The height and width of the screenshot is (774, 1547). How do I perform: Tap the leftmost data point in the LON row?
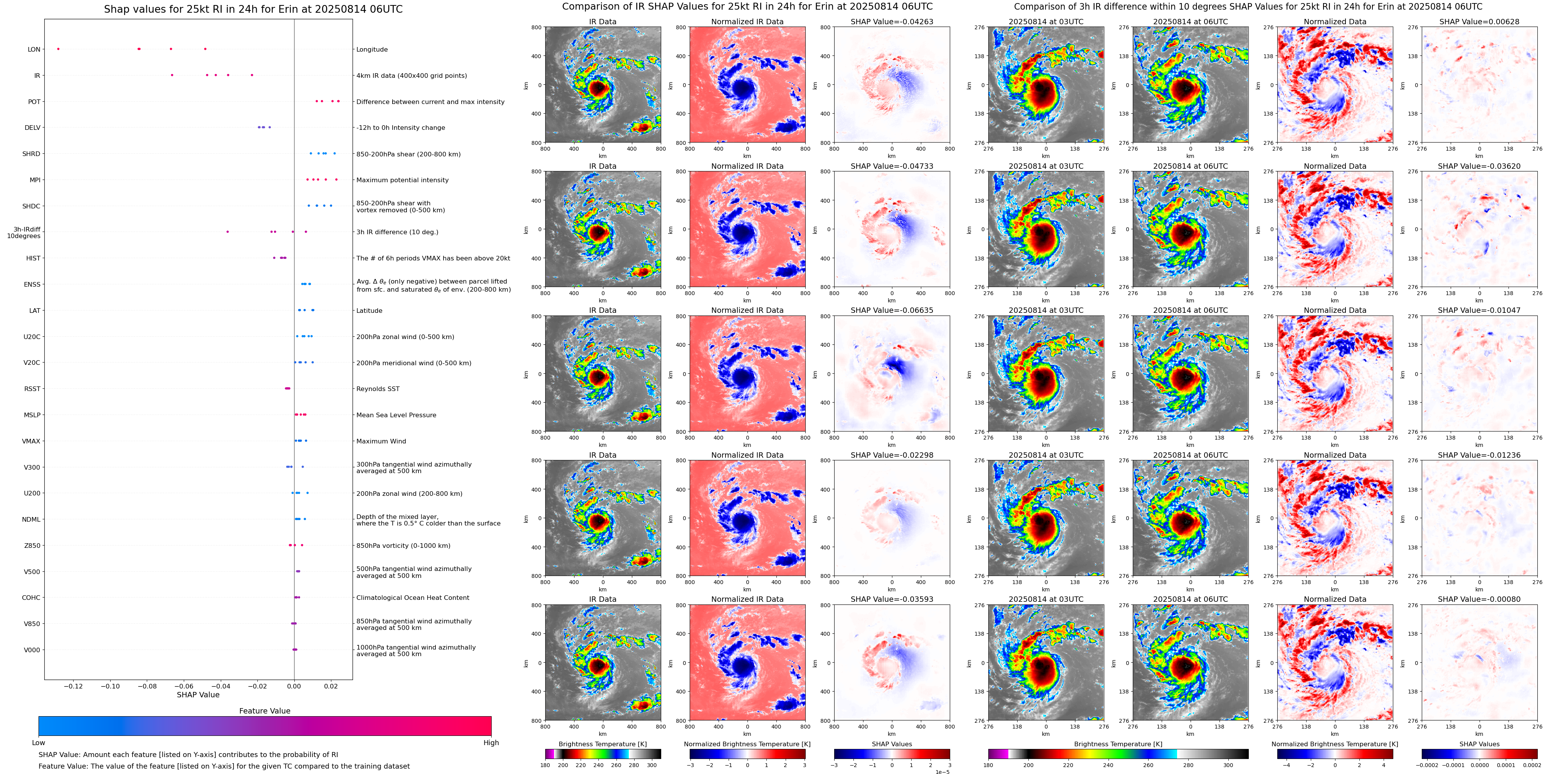(x=58, y=49)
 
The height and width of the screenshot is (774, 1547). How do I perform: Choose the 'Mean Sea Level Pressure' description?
(x=396, y=415)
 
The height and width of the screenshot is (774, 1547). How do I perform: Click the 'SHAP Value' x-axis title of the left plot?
(x=198, y=695)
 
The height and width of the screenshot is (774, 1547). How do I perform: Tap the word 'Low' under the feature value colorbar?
(x=39, y=743)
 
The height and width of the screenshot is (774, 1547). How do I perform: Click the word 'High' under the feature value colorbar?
(x=491, y=743)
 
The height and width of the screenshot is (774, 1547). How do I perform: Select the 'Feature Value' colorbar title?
(x=265, y=711)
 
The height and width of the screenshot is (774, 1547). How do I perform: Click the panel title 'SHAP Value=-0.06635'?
(x=892, y=311)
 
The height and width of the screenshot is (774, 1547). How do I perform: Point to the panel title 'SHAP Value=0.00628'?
(x=1479, y=22)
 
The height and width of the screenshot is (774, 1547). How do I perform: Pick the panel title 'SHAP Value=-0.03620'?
(x=1479, y=166)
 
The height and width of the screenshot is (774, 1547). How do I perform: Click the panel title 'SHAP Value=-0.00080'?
(x=1479, y=599)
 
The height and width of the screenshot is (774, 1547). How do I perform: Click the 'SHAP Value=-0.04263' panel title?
(x=892, y=22)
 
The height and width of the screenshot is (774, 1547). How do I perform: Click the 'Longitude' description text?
(x=372, y=49)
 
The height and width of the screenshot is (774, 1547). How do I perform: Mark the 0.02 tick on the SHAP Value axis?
(x=331, y=686)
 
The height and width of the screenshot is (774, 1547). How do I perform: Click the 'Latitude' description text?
(x=370, y=311)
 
